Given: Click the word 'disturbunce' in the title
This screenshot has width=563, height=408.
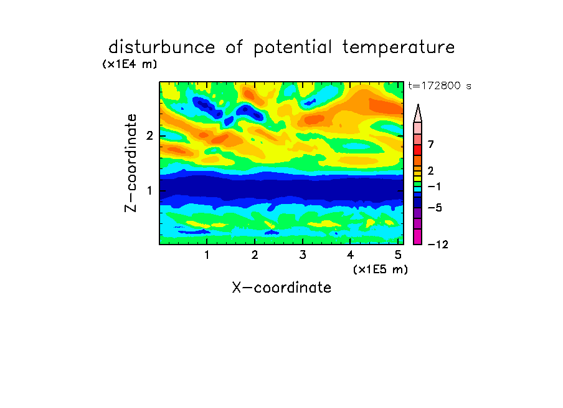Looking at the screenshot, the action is tap(162, 47).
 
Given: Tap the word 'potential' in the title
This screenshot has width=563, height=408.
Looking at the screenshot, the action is tap(293, 48).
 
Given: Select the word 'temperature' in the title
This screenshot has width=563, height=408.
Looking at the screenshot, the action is tap(399, 48).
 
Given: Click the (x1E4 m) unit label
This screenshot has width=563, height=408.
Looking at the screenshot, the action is tap(130, 64).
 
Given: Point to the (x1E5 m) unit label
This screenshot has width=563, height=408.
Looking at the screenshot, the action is tap(381, 269).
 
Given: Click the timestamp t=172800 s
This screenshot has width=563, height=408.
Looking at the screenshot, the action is tap(440, 86).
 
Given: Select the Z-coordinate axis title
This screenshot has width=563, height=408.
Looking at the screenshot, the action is tap(131, 163).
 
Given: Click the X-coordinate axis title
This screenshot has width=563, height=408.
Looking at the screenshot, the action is tap(281, 288).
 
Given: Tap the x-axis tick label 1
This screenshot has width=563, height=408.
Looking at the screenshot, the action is tap(207, 255).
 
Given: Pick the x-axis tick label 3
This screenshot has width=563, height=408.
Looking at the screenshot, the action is tap(303, 255).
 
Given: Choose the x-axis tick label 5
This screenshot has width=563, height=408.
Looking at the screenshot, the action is tap(398, 255).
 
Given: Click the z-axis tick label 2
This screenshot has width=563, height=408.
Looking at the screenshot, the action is tap(149, 136).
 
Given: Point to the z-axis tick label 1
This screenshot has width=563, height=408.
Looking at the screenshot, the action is tap(149, 190).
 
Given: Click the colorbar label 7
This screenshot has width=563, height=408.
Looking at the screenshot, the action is tap(431, 145).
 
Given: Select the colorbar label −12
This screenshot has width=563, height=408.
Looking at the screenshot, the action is tap(438, 245).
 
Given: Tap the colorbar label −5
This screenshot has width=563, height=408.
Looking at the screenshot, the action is tap(435, 208).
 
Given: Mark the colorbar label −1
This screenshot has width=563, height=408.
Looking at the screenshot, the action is tap(434, 187).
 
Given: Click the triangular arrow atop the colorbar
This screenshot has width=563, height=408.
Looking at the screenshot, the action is tap(418, 113).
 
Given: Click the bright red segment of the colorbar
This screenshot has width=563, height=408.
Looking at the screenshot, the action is tap(418, 150).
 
